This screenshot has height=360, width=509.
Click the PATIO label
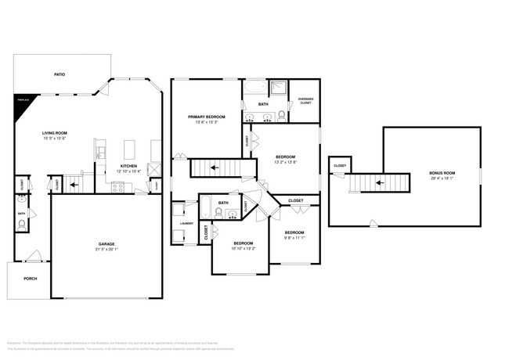pyautogui.click(x=60, y=74)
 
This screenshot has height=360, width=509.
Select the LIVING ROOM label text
pyautogui.click(x=54, y=133)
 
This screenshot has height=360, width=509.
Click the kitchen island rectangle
pyautogui.click(x=130, y=148)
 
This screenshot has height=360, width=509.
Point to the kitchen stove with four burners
pyautogui.click(x=118, y=186)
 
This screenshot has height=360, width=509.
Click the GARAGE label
pyautogui.click(x=106, y=243)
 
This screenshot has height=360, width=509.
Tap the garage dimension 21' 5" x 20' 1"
pyautogui.click(x=106, y=249)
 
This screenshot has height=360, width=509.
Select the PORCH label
pyautogui.click(x=30, y=279)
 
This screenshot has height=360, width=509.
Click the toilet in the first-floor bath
pyautogui.click(x=22, y=224)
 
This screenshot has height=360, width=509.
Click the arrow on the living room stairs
pyautogui.click(x=74, y=185)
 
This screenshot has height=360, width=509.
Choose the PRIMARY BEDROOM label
pyautogui.click(x=206, y=116)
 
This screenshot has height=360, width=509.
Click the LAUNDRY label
pyautogui.click(x=186, y=223)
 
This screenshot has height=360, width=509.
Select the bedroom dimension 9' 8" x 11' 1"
pyautogui.click(x=294, y=237)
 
